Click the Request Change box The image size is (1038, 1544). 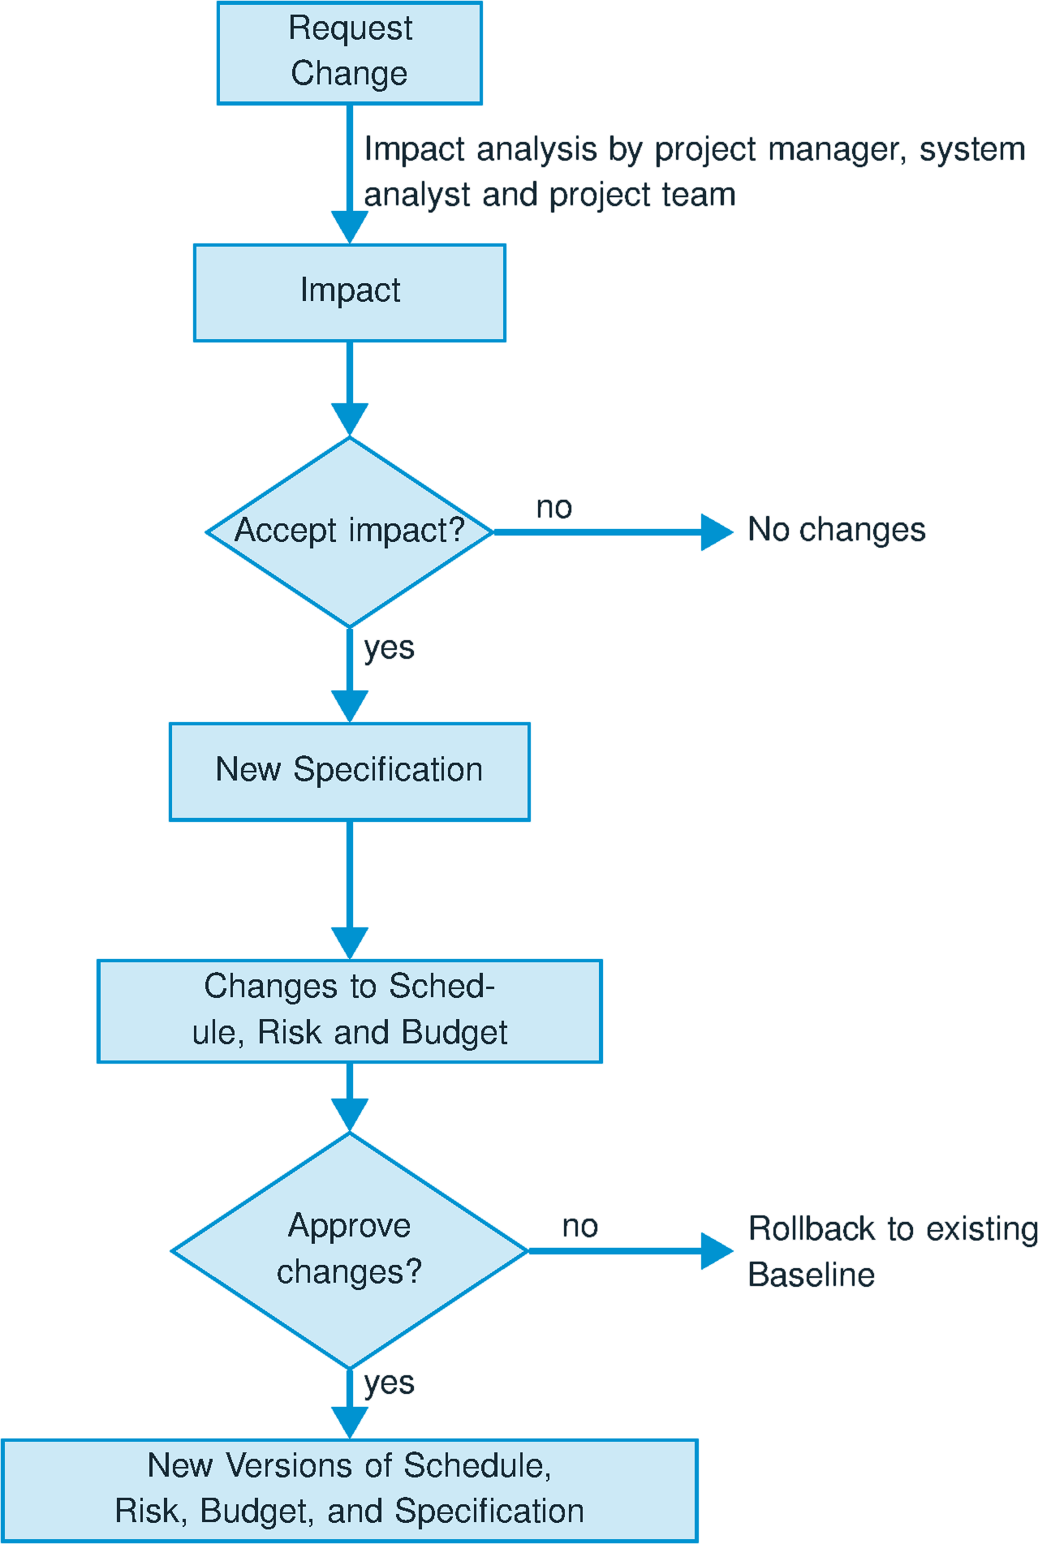click(x=349, y=53)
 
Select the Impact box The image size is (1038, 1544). click(x=349, y=292)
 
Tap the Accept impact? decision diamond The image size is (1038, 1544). click(x=349, y=531)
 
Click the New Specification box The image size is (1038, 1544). click(x=349, y=771)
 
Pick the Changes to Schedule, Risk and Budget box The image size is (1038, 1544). click(x=349, y=1010)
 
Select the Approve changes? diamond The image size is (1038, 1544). click(x=349, y=1249)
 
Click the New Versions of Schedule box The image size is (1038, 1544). click(x=349, y=1490)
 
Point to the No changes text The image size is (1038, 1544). click(x=836, y=530)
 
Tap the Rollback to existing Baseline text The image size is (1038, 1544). click(x=891, y=1251)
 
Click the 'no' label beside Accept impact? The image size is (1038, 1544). click(x=554, y=508)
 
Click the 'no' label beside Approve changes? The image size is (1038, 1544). click(x=579, y=1227)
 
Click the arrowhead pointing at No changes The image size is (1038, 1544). click(x=716, y=532)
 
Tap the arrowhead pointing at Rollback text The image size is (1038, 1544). click(x=716, y=1250)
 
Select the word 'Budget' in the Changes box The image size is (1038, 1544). click(x=454, y=1033)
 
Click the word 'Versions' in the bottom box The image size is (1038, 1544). click(x=291, y=1465)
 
